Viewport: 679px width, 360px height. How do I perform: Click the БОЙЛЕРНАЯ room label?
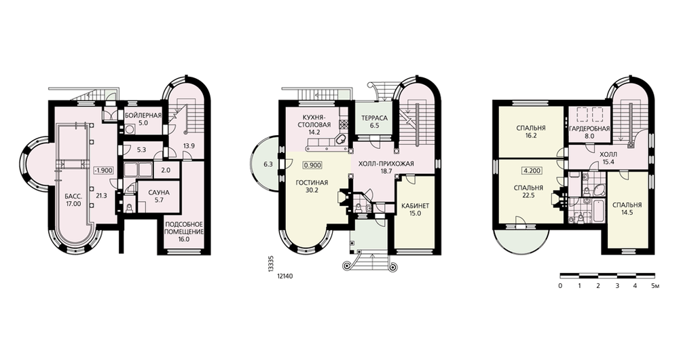pos(143,115)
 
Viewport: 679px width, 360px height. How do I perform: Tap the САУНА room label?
pos(159,193)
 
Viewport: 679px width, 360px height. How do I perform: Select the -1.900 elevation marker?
pos(103,170)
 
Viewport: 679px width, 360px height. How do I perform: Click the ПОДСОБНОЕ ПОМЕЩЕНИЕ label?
pos(184,231)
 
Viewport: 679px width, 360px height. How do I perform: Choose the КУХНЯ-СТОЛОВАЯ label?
pos(314,122)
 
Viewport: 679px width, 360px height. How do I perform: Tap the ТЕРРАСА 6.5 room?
pos(374,122)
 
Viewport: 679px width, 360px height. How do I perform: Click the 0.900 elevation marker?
pos(313,165)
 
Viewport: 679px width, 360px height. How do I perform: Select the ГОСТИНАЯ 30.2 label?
pos(312,186)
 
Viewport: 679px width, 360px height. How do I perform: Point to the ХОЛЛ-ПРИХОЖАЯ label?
pos(386,164)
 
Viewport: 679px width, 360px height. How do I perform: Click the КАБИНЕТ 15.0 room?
pos(416,209)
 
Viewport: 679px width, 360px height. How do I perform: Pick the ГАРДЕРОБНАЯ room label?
pos(589,128)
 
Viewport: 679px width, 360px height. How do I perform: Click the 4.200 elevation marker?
pos(532,170)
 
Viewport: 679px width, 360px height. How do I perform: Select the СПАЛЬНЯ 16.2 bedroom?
pos(531,132)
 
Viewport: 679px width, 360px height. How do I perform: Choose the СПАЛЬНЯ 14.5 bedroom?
pos(627,209)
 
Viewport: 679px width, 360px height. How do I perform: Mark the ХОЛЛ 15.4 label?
pos(609,158)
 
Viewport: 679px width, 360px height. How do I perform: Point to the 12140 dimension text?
pos(285,275)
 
